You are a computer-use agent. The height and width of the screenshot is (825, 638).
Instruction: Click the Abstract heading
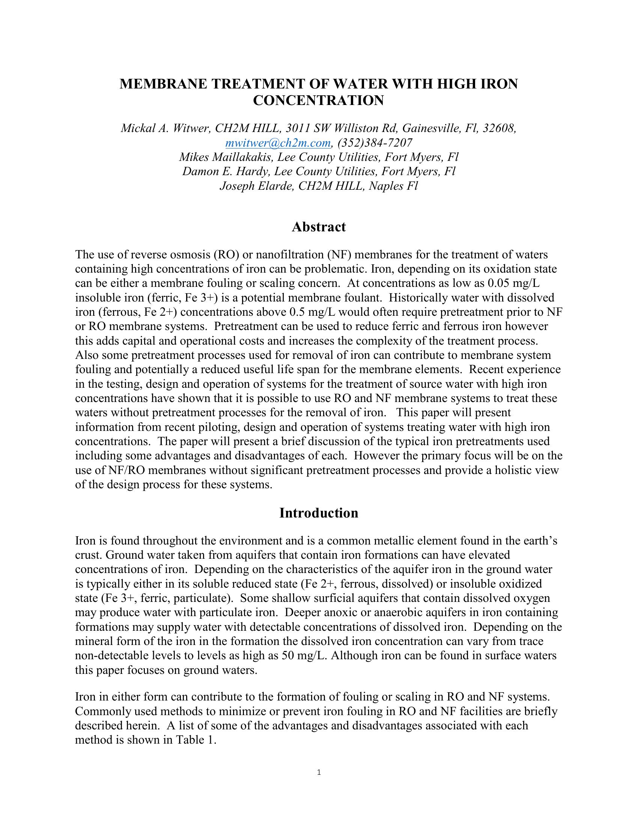[319, 227]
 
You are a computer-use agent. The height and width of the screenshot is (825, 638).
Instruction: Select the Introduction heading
[319, 513]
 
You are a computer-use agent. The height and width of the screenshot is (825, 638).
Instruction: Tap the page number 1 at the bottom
[319, 772]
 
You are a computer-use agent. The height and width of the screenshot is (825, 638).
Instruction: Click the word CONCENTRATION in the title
[319, 100]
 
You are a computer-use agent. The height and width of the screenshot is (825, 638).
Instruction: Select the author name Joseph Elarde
[257, 186]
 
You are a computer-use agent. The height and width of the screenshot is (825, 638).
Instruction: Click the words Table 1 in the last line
[196, 739]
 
